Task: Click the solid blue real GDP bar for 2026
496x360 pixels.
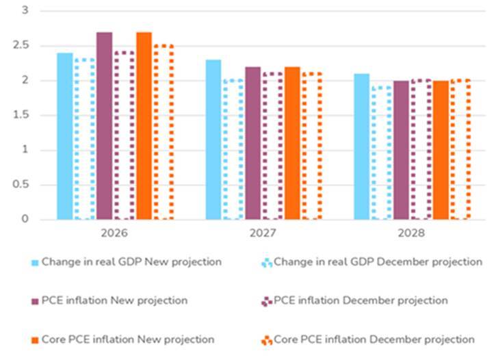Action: [x=65, y=136]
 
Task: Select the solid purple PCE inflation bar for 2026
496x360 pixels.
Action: [x=104, y=126]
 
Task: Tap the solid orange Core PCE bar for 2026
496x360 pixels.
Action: [x=144, y=126]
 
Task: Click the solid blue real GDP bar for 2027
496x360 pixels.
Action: [x=213, y=140]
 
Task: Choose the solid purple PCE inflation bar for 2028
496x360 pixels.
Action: [x=402, y=150]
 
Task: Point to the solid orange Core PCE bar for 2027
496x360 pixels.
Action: [x=292, y=143]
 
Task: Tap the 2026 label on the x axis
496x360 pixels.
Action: [x=114, y=233]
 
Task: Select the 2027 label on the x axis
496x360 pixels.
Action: [x=263, y=233]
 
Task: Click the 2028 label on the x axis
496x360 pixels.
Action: [x=412, y=233]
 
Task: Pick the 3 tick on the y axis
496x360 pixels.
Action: [x=25, y=11]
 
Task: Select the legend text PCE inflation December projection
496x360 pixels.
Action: [x=361, y=300]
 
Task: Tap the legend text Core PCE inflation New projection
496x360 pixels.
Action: [x=128, y=339]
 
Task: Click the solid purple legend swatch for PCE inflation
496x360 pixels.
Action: [x=35, y=301]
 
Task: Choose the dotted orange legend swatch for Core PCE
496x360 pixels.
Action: [x=267, y=340]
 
